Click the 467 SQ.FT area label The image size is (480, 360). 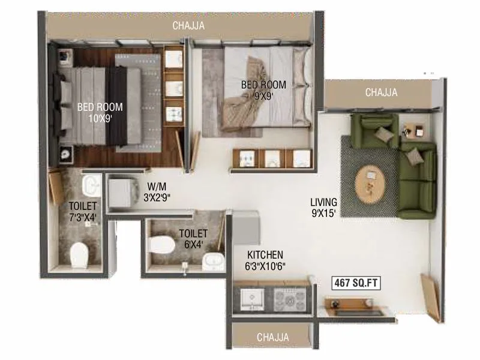coord(357,283)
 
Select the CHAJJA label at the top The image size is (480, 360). coord(188,26)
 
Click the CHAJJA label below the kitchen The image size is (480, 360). coord(272,337)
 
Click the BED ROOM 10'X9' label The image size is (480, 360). coord(100,113)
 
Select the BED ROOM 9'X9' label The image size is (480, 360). coord(263,90)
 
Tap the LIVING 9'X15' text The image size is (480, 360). coord(323,207)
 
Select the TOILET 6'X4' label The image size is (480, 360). coord(193,238)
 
